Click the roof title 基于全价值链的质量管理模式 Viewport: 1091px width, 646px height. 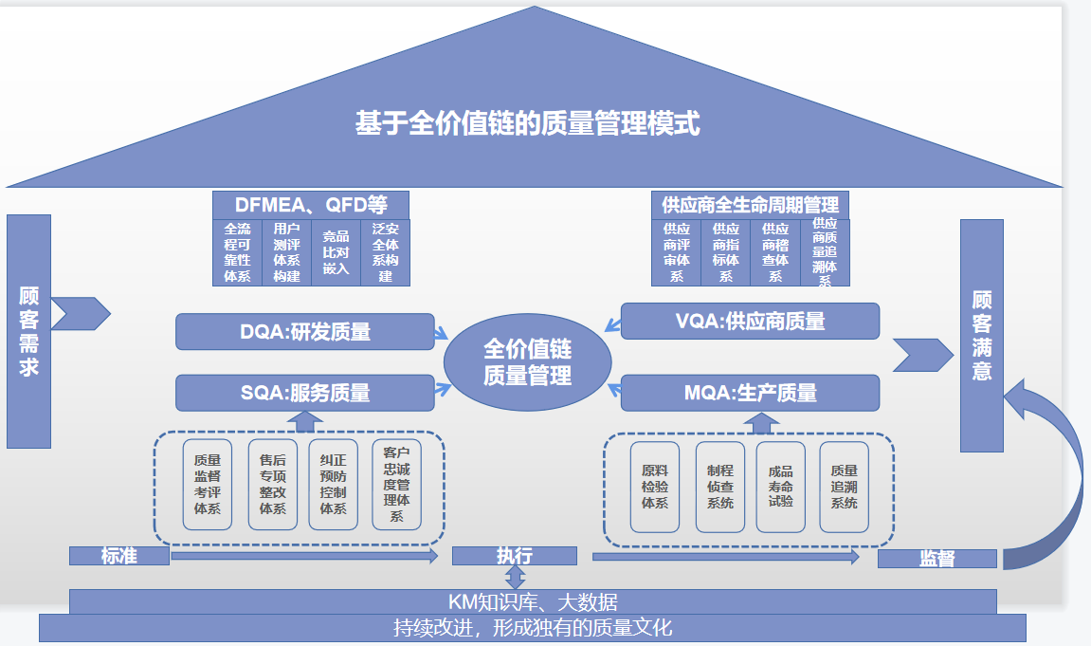(x=528, y=124)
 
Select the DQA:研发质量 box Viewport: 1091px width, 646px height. (x=304, y=332)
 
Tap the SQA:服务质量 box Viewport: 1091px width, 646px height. (x=304, y=393)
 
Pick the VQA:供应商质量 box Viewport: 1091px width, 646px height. (x=750, y=322)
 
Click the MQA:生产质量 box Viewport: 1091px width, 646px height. (x=750, y=393)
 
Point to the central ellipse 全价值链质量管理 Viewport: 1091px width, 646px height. (x=528, y=361)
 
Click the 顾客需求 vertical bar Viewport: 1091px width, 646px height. (x=28, y=330)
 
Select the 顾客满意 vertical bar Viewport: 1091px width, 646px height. (x=981, y=335)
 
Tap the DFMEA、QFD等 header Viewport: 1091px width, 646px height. (x=311, y=205)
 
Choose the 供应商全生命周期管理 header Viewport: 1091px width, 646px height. (x=750, y=205)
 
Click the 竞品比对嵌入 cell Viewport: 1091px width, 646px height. (x=336, y=252)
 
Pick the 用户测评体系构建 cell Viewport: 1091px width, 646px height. (x=286, y=252)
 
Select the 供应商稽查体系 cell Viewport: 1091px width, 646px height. (x=775, y=252)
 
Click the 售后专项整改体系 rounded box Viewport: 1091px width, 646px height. (x=272, y=484)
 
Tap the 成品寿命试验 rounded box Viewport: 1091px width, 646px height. (x=780, y=486)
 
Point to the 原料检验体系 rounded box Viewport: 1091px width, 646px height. (x=655, y=486)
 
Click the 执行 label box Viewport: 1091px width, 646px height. (x=515, y=556)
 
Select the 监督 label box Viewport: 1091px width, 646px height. (x=936, y=559)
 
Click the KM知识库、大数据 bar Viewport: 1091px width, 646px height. (x=533, y=601)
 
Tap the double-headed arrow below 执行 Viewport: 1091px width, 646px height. (x=515, y=577)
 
